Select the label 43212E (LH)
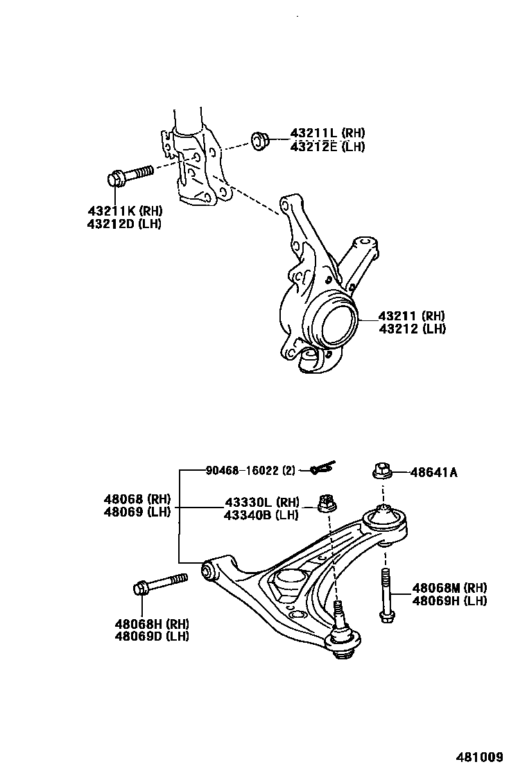(x=327, y=146)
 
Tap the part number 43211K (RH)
(x=124, y=211)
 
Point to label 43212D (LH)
(x=124, y=224)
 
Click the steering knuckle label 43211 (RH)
(x=412, y=316)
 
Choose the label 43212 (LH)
(x=412, y=329)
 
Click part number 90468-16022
(x=250, y=471)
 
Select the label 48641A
(x=433, y=472)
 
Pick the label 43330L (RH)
(x=261, y=502)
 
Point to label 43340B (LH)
(x=261, y=514)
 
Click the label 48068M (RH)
(x=449, y=588)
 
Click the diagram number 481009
(x=479, y=756)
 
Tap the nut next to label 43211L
(x=260, y=140)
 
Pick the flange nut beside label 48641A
(x=381, y=471)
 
